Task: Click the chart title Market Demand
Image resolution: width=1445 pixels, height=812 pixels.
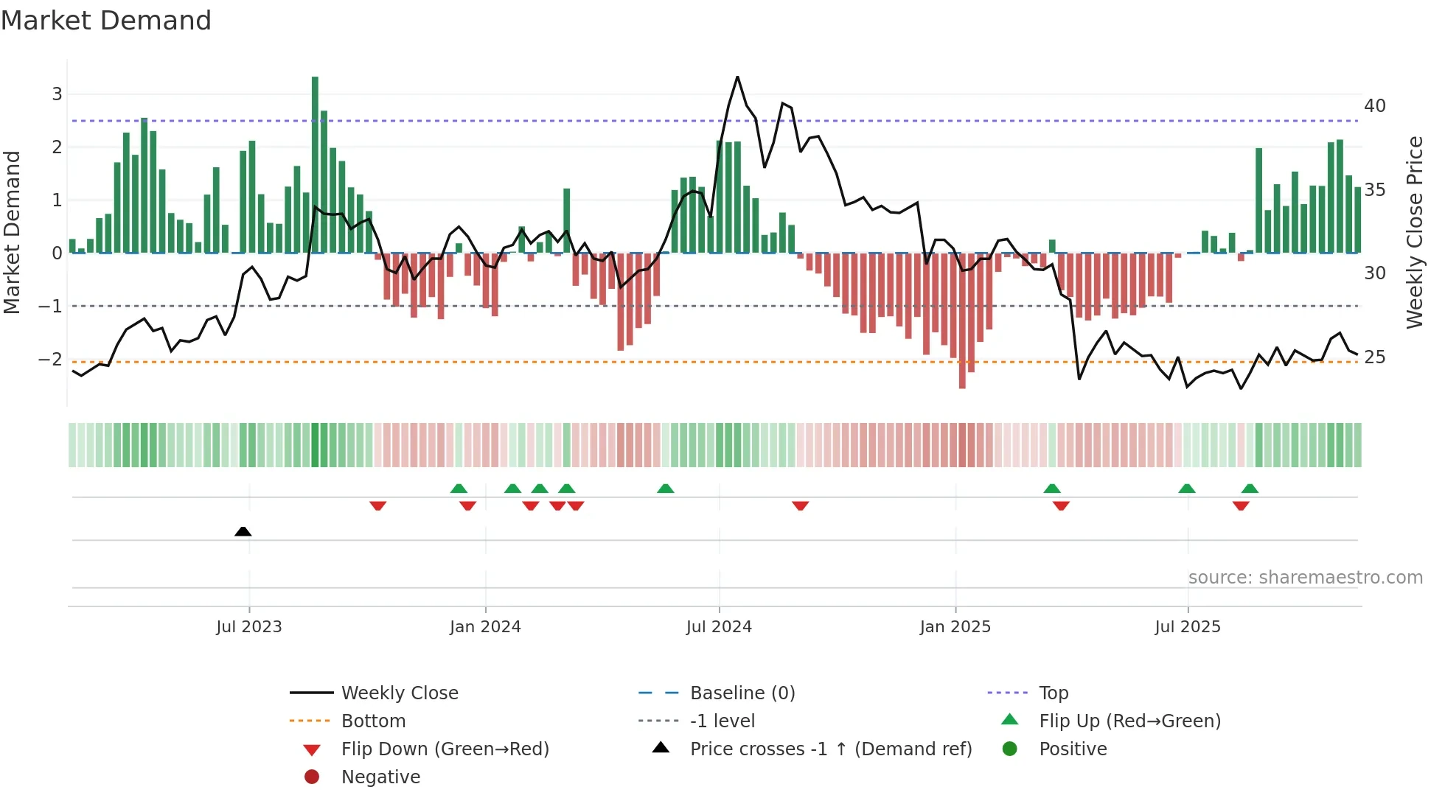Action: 106,20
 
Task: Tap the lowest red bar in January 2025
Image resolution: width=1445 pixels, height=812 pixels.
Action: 962,321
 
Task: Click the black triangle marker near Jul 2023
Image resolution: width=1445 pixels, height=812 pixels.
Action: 243,531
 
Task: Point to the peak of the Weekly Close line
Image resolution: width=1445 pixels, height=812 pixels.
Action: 737,77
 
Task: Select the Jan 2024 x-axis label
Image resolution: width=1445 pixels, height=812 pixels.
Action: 485,627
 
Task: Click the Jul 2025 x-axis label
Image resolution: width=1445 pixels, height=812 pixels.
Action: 1188,627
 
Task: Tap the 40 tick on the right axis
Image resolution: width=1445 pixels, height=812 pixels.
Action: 1374,106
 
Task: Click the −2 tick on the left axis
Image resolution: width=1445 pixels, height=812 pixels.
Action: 50,360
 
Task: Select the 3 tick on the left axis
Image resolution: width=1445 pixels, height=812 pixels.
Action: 57,94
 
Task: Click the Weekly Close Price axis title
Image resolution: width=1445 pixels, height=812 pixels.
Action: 1414,232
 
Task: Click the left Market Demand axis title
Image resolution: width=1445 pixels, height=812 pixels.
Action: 12,232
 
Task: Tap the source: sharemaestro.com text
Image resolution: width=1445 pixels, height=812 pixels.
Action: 1305,578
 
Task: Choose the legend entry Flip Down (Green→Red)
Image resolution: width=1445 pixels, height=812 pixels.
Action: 445,749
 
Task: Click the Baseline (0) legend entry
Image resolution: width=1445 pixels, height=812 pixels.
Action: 742,693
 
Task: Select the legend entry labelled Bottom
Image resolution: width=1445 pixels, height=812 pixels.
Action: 373,721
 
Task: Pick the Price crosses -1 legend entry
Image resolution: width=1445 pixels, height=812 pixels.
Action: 830,749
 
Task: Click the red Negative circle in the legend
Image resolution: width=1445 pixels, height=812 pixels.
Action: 312,777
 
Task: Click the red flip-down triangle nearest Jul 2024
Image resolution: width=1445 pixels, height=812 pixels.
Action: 801,505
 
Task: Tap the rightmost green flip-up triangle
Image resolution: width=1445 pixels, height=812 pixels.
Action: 1250,489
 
